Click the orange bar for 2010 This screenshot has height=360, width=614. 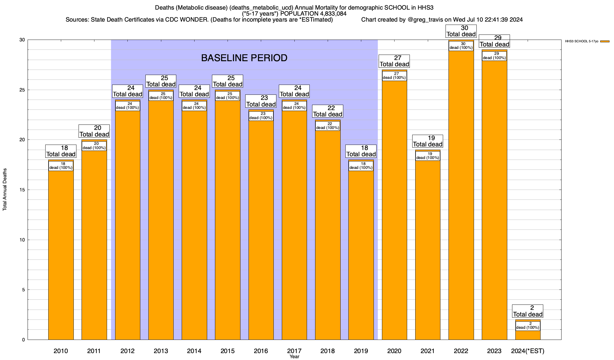tap(61, 255)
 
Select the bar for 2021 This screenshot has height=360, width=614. tap(428, 249)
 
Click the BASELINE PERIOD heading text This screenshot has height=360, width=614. tap(244, 58)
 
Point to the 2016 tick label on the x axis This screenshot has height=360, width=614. tap(261, 351)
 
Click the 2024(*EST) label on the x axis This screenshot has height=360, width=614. tap(528, 351)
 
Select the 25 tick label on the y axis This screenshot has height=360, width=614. tap(22, 90)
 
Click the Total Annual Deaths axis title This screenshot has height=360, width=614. tap(5, 190)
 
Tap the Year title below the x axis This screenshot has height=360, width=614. tap(294, 357)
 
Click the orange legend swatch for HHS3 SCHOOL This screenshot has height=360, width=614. tap(605, 41)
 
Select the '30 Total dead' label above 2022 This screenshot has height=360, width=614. tap(461, 31)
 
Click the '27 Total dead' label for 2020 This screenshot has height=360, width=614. tap(394, 61)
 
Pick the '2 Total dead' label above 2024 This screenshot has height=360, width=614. tap(528, 311)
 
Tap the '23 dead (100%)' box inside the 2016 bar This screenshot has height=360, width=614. tap(261, 116)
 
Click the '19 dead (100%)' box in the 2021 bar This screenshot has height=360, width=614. tap(428, 156)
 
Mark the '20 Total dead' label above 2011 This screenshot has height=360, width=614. tap(94, 131)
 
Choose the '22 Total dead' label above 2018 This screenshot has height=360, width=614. tap(327, 111)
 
